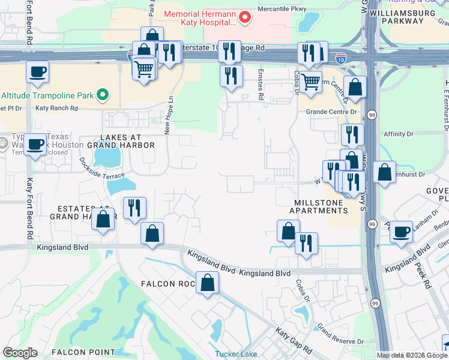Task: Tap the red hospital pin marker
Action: click(x=244, y=17)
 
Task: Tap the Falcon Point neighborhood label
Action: click(x=83, y=352)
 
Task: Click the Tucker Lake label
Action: click(x=236, y=354)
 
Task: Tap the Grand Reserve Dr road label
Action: click(x=340, y=335)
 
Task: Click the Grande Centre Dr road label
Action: click(x=331, y=112)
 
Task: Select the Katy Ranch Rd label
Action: click(x=56, y=109)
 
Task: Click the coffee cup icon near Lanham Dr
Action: click(x=401, y=231)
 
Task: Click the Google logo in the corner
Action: click(x=20, y=353)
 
